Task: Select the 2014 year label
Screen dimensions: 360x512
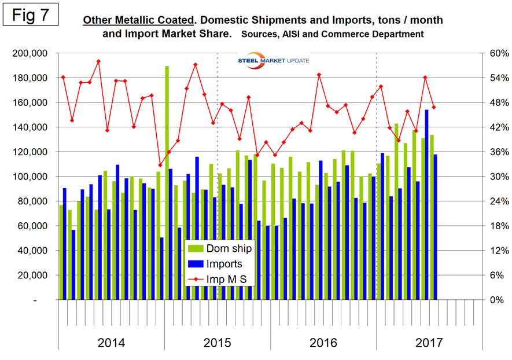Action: [x=111, y=343]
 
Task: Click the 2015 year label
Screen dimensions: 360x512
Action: [x=217, y=343]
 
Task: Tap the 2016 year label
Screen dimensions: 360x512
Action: [x=323, y=343]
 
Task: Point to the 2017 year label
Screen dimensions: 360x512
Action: [x=429, y=343]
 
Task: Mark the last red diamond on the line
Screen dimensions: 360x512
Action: [x=434, y=107]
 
